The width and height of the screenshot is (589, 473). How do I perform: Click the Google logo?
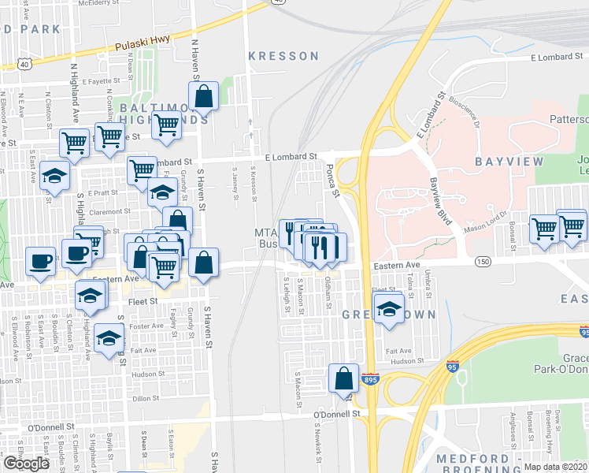click(26, 464)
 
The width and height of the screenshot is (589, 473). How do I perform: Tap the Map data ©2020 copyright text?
click(555, 467)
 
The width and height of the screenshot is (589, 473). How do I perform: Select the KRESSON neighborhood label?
click(283, 56)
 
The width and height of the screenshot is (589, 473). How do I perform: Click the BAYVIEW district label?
click(509, 161)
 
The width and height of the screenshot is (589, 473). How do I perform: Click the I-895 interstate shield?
click(370, 380)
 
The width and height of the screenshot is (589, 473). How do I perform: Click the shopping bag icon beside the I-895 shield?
click(343, 378)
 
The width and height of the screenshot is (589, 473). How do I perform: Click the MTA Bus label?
click(268, 238)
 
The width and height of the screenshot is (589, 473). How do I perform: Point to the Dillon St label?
click(146, 399)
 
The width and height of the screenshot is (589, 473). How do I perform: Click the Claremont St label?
click(109, 211)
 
